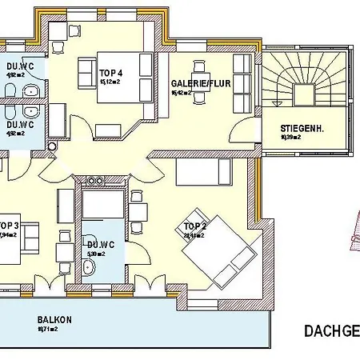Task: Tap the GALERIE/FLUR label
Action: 195,83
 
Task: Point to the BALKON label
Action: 54,319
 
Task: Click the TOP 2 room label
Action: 194,226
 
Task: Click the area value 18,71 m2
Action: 47,329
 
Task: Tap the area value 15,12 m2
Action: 110,81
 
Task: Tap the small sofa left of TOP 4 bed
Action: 85,75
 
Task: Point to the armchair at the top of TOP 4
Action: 74,30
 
